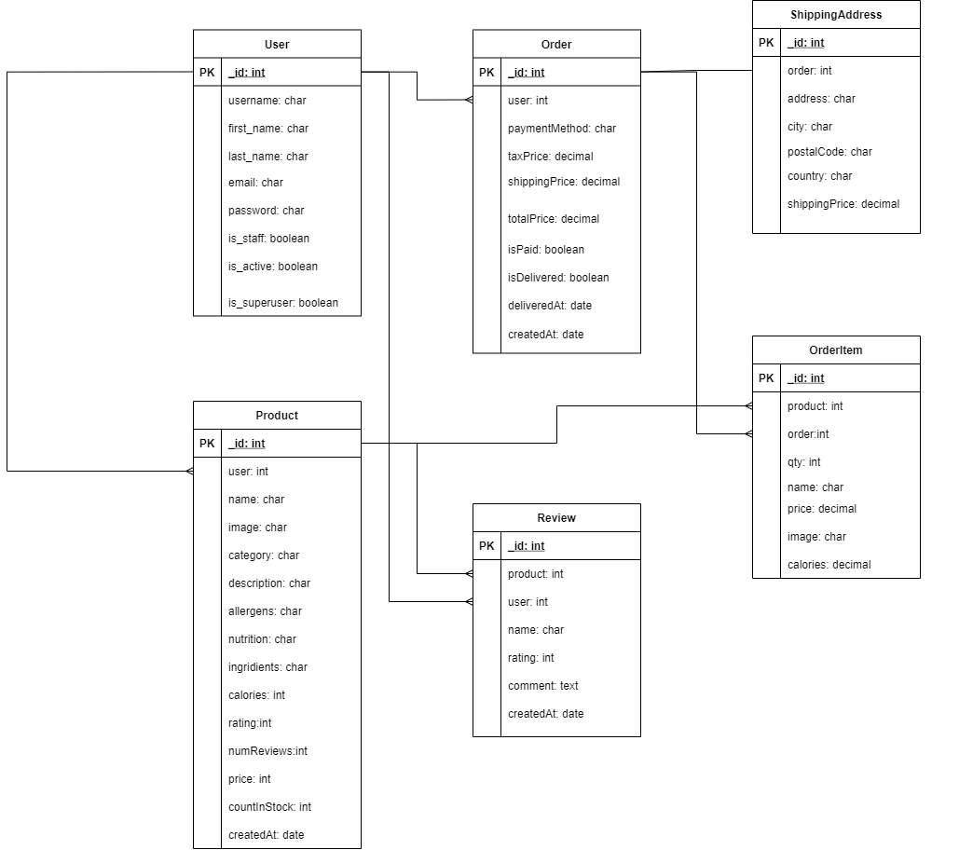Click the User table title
[277, 44]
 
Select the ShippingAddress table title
[835, 15]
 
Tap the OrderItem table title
[835, 350]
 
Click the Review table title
[556, 518]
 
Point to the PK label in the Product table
[207, 444]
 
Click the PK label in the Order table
[486, 73]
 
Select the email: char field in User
[255, 183]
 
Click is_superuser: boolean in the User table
[282, 303]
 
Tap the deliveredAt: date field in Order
[549, 306]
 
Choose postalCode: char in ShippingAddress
[829, 152]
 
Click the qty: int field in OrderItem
[803, 462]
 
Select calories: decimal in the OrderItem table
[829, 565]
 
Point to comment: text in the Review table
[542, 686]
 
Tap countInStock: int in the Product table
[269, 807]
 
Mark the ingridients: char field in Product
[267, 667]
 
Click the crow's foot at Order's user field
[469, 100]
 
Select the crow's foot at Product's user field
[189, 472]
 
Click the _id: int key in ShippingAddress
[805, 43]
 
